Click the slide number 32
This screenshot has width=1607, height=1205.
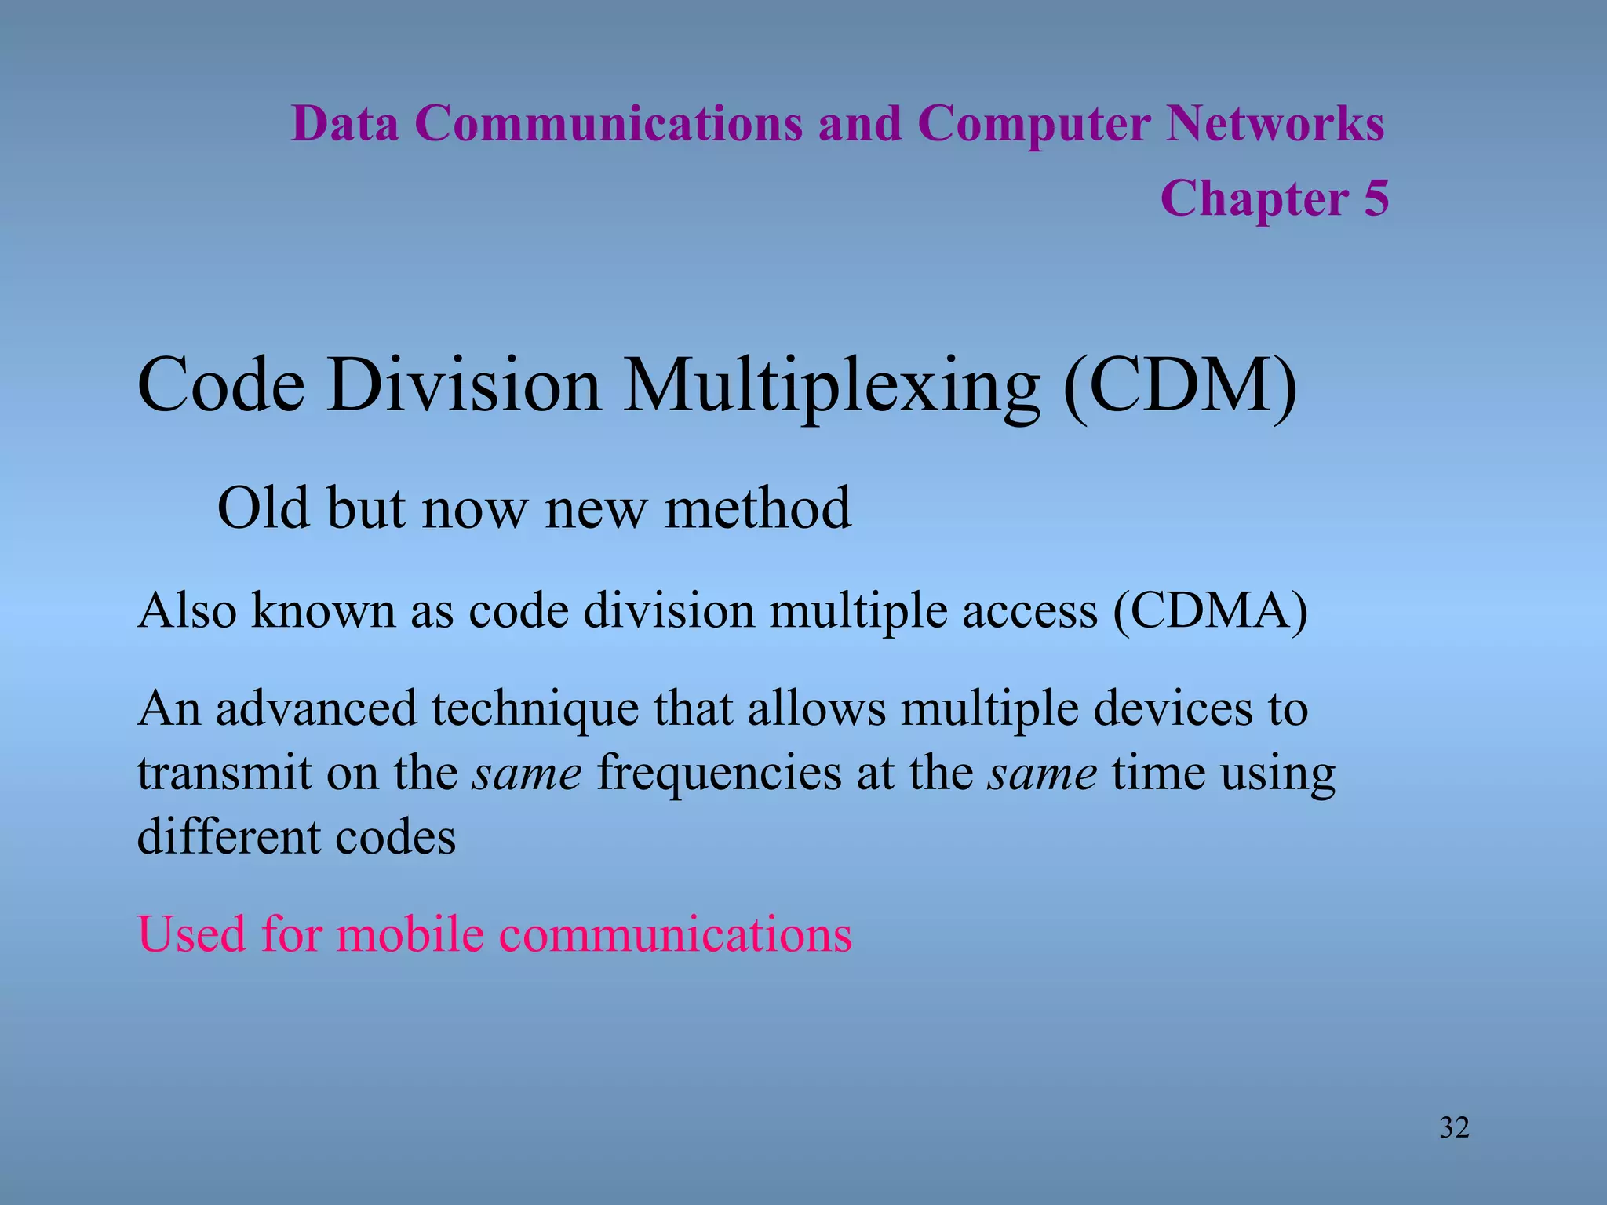[x=1454, y=1127]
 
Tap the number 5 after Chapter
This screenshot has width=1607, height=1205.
[x=1376, y=198]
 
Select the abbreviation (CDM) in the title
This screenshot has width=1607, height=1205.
[x=1179, y=386]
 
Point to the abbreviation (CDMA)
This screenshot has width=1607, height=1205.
[x=1210, y=610]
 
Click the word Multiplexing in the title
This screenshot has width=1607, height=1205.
[x=832, y=386]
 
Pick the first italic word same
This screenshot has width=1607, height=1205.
[x=527, y=774]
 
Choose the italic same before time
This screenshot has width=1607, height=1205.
[x=1041, y=774]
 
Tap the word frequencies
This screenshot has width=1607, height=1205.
[x=720, y=774]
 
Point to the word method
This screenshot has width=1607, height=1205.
[x=757, y=508]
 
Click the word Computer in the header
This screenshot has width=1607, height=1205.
[x=1033, y=124]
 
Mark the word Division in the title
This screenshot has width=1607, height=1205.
[x=464, y=386]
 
